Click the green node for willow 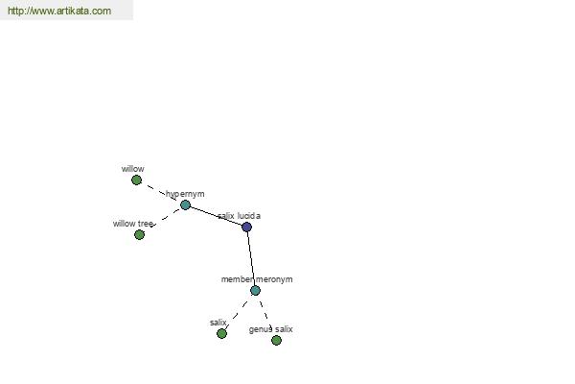[x=136, y=180]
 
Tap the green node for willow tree [x=139, y=234]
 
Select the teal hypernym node [x=186, y=205]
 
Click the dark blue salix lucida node [x=247, y=227]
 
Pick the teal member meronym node [x=255, y=291]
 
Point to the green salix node [x=222, y=334]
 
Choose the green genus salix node [x=277, y=340]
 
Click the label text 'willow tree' [x=133, y=224]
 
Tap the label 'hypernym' [x=185, y=194]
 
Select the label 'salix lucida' [x=239, y=216]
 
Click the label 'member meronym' [x=257, y=279]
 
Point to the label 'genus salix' [x=270, y=329]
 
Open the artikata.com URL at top [x=59, y=11]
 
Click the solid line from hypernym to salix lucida [x=217, y=216]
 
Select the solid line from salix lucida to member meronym [x=251, y=258]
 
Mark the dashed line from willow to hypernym [x=161, y=193]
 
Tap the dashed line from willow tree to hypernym [x=165, y=218]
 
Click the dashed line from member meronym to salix [x=237, y=314]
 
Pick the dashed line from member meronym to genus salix [x=265, y=315]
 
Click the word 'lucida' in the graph [x=249, y=216]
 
